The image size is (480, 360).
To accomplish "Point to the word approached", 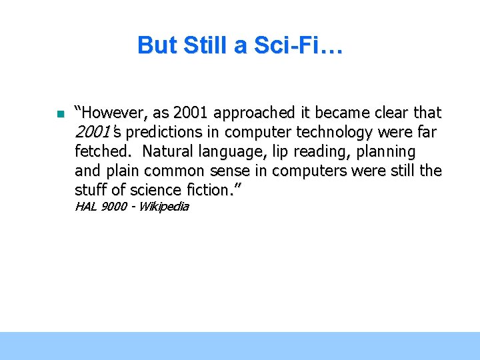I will (x=255, y=112).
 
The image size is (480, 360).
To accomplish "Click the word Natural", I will (x=169, y=151).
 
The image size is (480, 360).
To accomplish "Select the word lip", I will (x=280, y=151).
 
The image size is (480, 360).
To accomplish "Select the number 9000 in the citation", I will (x=113, y=207).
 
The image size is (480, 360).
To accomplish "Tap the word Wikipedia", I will (x=163, y=207).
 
